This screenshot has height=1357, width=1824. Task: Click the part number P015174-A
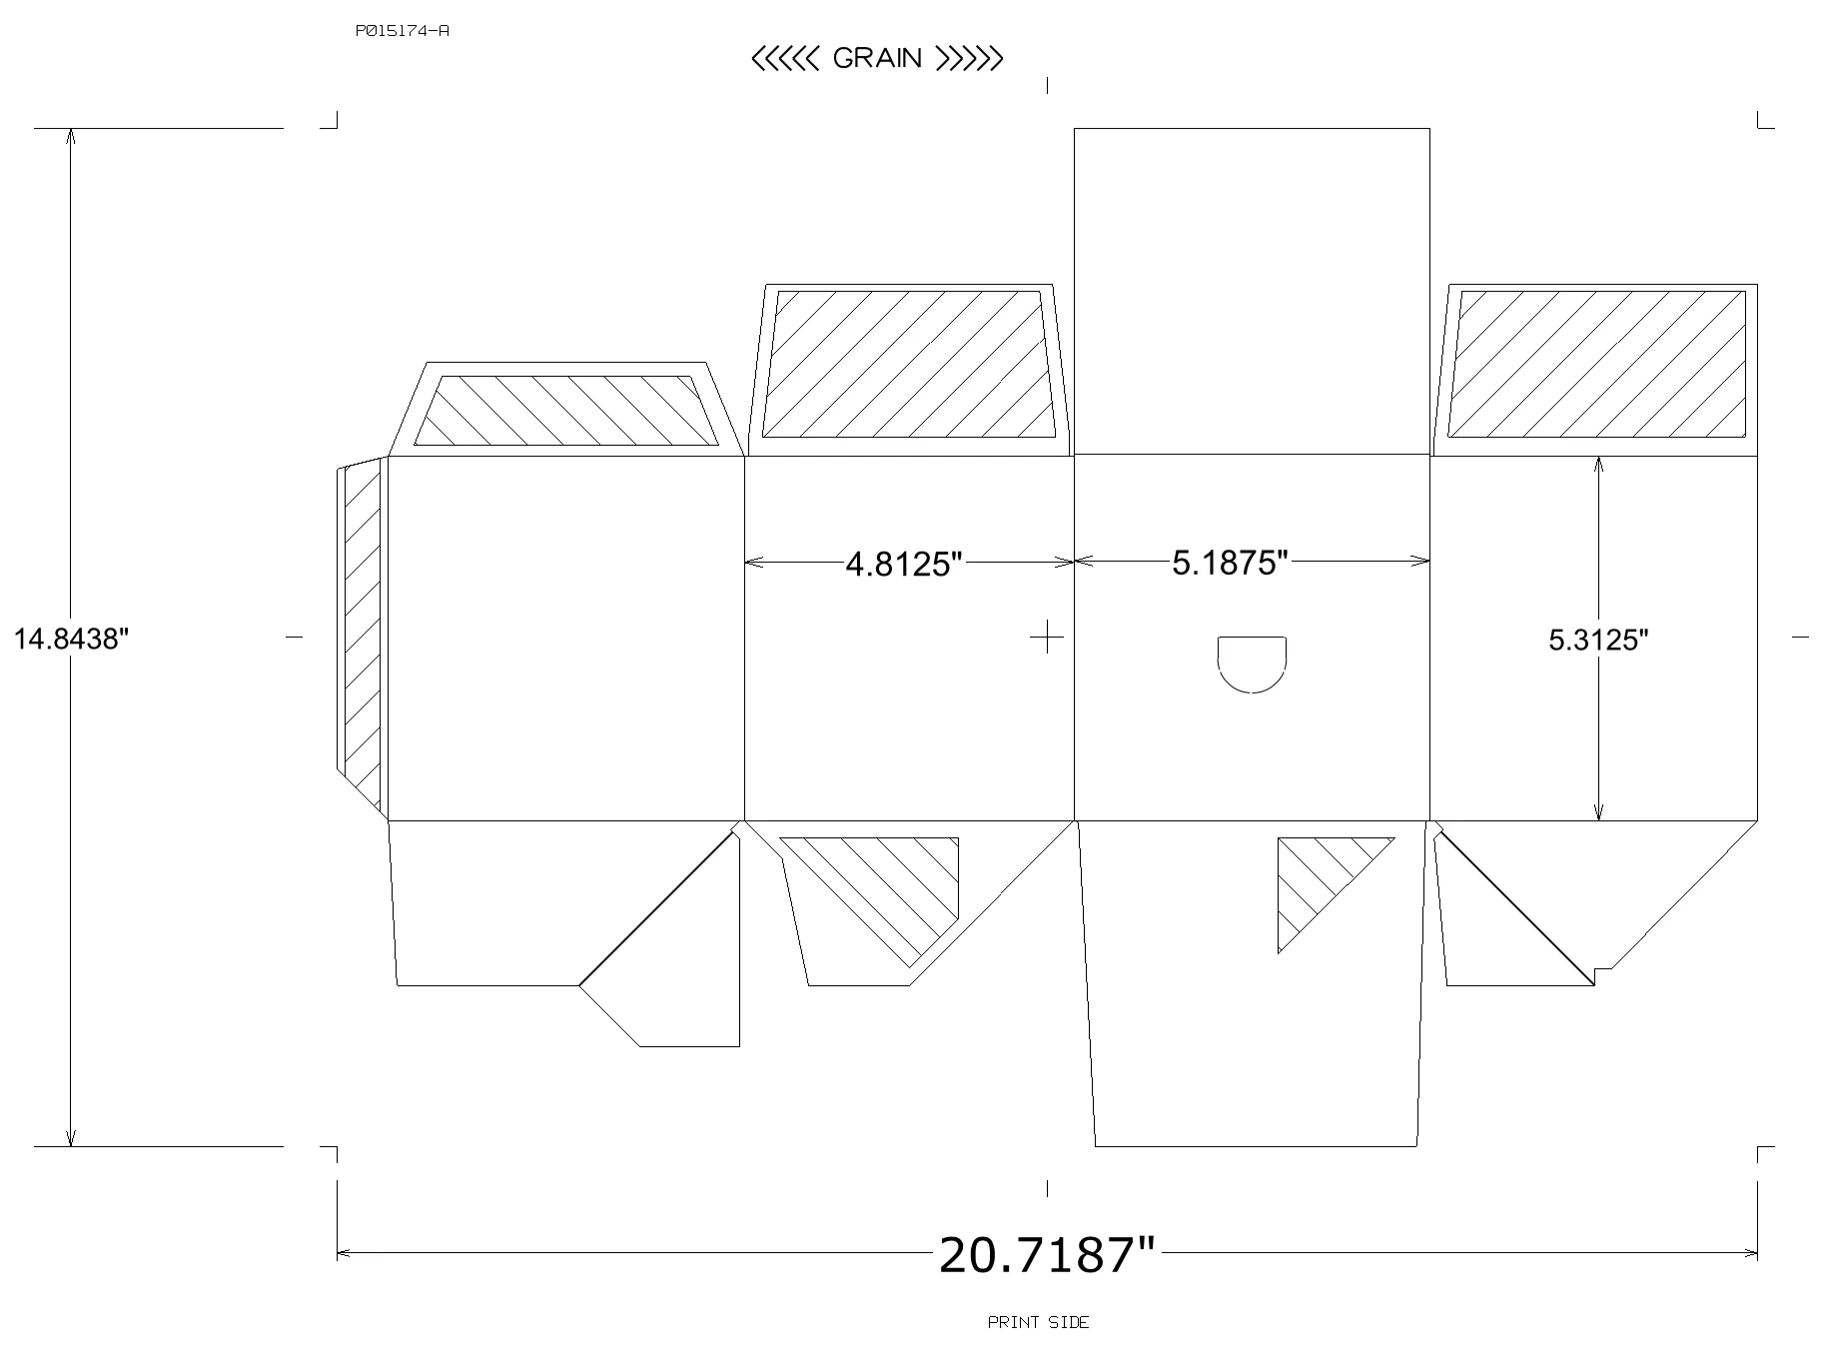[402, 31]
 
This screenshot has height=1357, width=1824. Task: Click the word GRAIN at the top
[877, 59]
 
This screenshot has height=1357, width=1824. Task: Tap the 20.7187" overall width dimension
[1046, 1255]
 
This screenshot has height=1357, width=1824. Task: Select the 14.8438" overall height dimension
[72, 639]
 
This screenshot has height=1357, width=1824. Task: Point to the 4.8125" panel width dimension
[903, 565]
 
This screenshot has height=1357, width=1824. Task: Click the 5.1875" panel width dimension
[1231, 564]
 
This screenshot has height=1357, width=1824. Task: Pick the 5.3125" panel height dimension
[1598, 641]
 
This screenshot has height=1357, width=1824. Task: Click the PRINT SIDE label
[1039, 1323]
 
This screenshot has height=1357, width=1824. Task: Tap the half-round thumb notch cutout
[1252, 665]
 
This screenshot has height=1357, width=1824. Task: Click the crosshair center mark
[1047, 636]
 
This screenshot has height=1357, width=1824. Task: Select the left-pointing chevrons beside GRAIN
[786, 59]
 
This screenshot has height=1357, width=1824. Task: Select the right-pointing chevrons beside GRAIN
[968, 59]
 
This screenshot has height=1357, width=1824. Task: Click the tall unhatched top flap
[1252, 291]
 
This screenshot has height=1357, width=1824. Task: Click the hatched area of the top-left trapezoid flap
[566, 411]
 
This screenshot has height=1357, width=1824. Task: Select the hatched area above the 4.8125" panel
[909, 364]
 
